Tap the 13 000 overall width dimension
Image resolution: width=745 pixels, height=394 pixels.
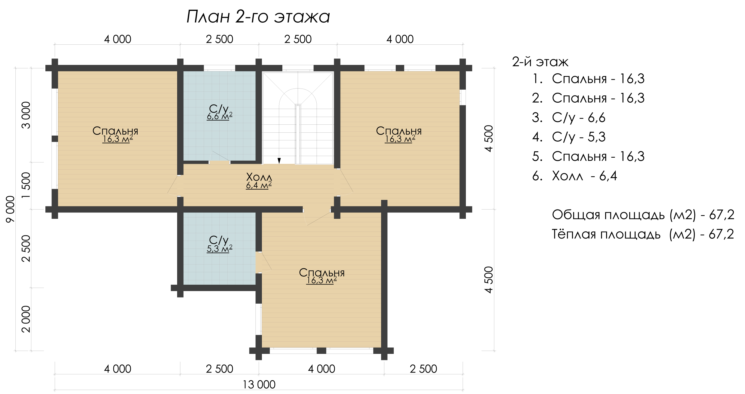point(259,384)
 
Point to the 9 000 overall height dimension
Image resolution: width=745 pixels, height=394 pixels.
point(10,209)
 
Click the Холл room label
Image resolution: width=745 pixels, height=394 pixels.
point(259,177)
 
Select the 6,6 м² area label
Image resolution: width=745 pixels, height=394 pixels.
point(219,116)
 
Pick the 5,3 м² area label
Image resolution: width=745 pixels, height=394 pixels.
point(219,249)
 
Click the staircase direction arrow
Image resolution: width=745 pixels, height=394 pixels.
point(279,161)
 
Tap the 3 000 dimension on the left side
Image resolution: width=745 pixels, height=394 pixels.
point(26,115)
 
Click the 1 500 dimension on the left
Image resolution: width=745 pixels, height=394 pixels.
point(26,185)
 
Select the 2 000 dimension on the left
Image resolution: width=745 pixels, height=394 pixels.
point(26,319)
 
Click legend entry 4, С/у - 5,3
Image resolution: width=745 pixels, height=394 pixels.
point(569,137)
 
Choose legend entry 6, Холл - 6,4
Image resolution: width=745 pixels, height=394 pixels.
point(575,176)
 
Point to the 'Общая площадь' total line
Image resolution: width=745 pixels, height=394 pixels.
point(643,215)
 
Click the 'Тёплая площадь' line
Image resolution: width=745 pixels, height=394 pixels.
point(643,234)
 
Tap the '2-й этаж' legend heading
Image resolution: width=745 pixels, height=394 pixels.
point(540,62)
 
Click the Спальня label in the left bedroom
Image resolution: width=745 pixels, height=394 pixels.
point(115,131)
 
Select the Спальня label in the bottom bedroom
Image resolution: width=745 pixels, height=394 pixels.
point(322,273)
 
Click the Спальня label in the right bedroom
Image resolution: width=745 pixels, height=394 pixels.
point(399,131)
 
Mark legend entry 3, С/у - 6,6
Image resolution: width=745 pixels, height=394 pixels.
point(569,118)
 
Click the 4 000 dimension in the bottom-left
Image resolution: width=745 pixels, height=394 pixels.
point(118,369)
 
